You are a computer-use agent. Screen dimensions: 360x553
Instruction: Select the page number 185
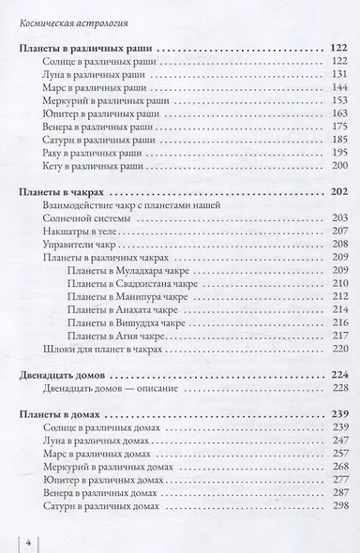(x=339, y=138)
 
